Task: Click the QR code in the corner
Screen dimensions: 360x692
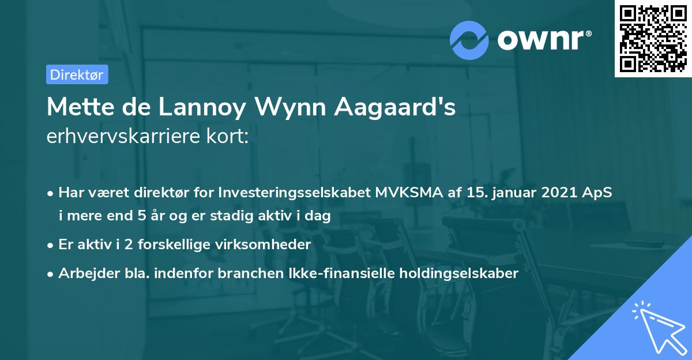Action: coord(653,39)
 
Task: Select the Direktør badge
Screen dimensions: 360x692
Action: coord(76,74)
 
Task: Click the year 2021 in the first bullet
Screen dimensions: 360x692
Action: coord(561,193)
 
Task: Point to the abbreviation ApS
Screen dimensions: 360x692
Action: coord(599,193)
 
